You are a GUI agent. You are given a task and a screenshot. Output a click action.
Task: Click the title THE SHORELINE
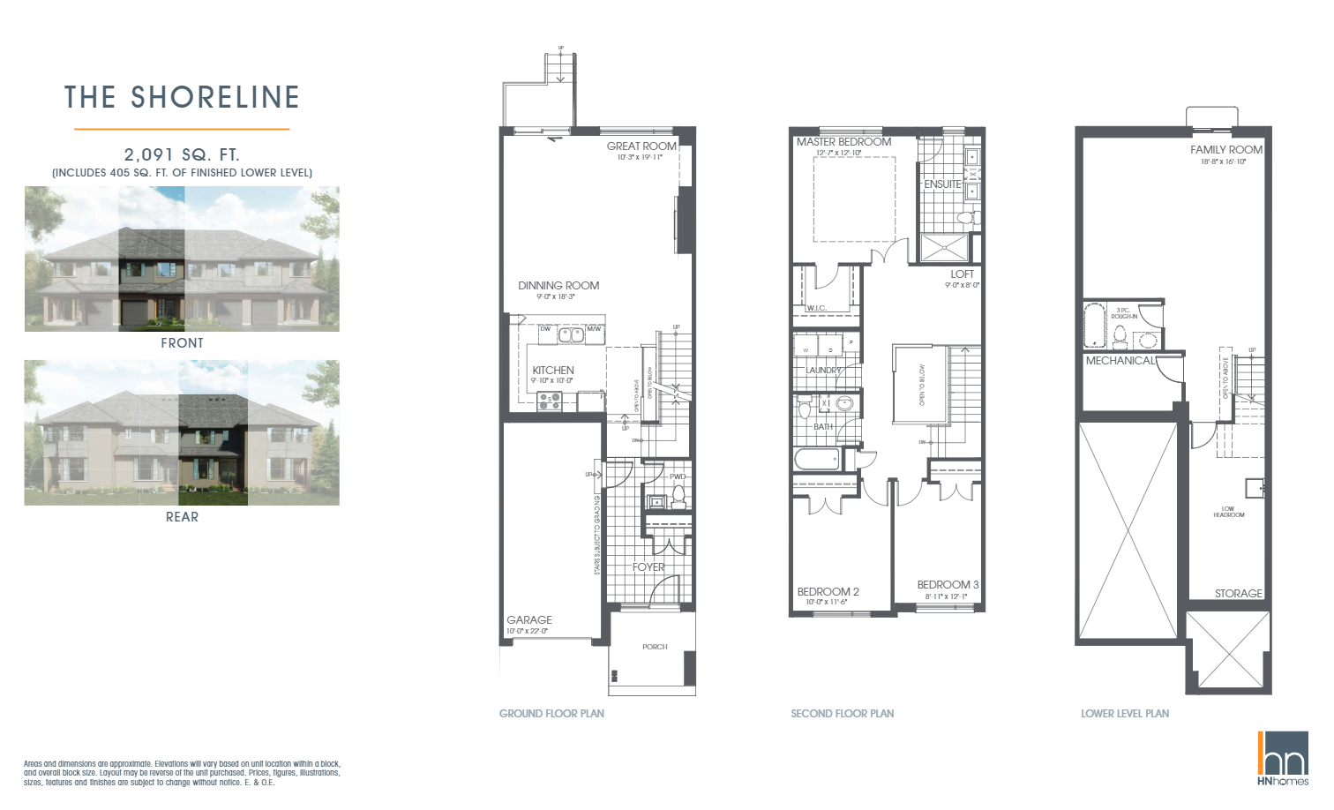click(x=182, y=97)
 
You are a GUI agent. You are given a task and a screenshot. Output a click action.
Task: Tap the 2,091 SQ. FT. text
click(x=182, y=154)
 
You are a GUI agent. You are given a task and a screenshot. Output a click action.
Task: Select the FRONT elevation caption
click(x=182, y=343)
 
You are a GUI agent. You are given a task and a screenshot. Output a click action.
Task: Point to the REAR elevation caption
click(x=182, y=517)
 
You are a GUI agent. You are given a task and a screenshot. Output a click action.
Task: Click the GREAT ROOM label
click(x=641, y=146)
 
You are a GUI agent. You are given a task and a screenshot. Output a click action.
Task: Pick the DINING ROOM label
click(x=558, y=286)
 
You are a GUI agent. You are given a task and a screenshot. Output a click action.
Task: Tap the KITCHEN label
click(x=553, y=371)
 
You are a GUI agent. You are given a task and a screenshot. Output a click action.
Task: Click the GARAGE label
click(x=529, y=620)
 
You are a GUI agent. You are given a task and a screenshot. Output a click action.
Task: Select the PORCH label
click(x=655, y=647)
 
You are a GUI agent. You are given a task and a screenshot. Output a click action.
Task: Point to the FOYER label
click(x=648, y=567)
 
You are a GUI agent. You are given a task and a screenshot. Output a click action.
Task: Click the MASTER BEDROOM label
click(x=843, y=142)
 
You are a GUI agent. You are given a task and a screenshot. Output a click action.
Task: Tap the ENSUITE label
click(x=942, y=184)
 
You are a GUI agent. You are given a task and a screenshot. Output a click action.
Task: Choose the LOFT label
click(x=963, y=274)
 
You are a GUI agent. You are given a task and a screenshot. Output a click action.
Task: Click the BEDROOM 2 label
click(x=828, y=592)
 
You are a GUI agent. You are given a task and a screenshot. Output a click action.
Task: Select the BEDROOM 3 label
click(x=948, y=585)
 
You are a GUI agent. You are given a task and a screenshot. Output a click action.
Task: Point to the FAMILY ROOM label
click(x=1225, y=150)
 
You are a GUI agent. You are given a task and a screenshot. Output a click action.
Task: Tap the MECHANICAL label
click(x=1120, y=361)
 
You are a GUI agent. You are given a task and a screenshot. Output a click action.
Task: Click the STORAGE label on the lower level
click(x=1238, y=594)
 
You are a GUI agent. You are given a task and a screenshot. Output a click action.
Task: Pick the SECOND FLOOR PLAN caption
click(x=842, y=714)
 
